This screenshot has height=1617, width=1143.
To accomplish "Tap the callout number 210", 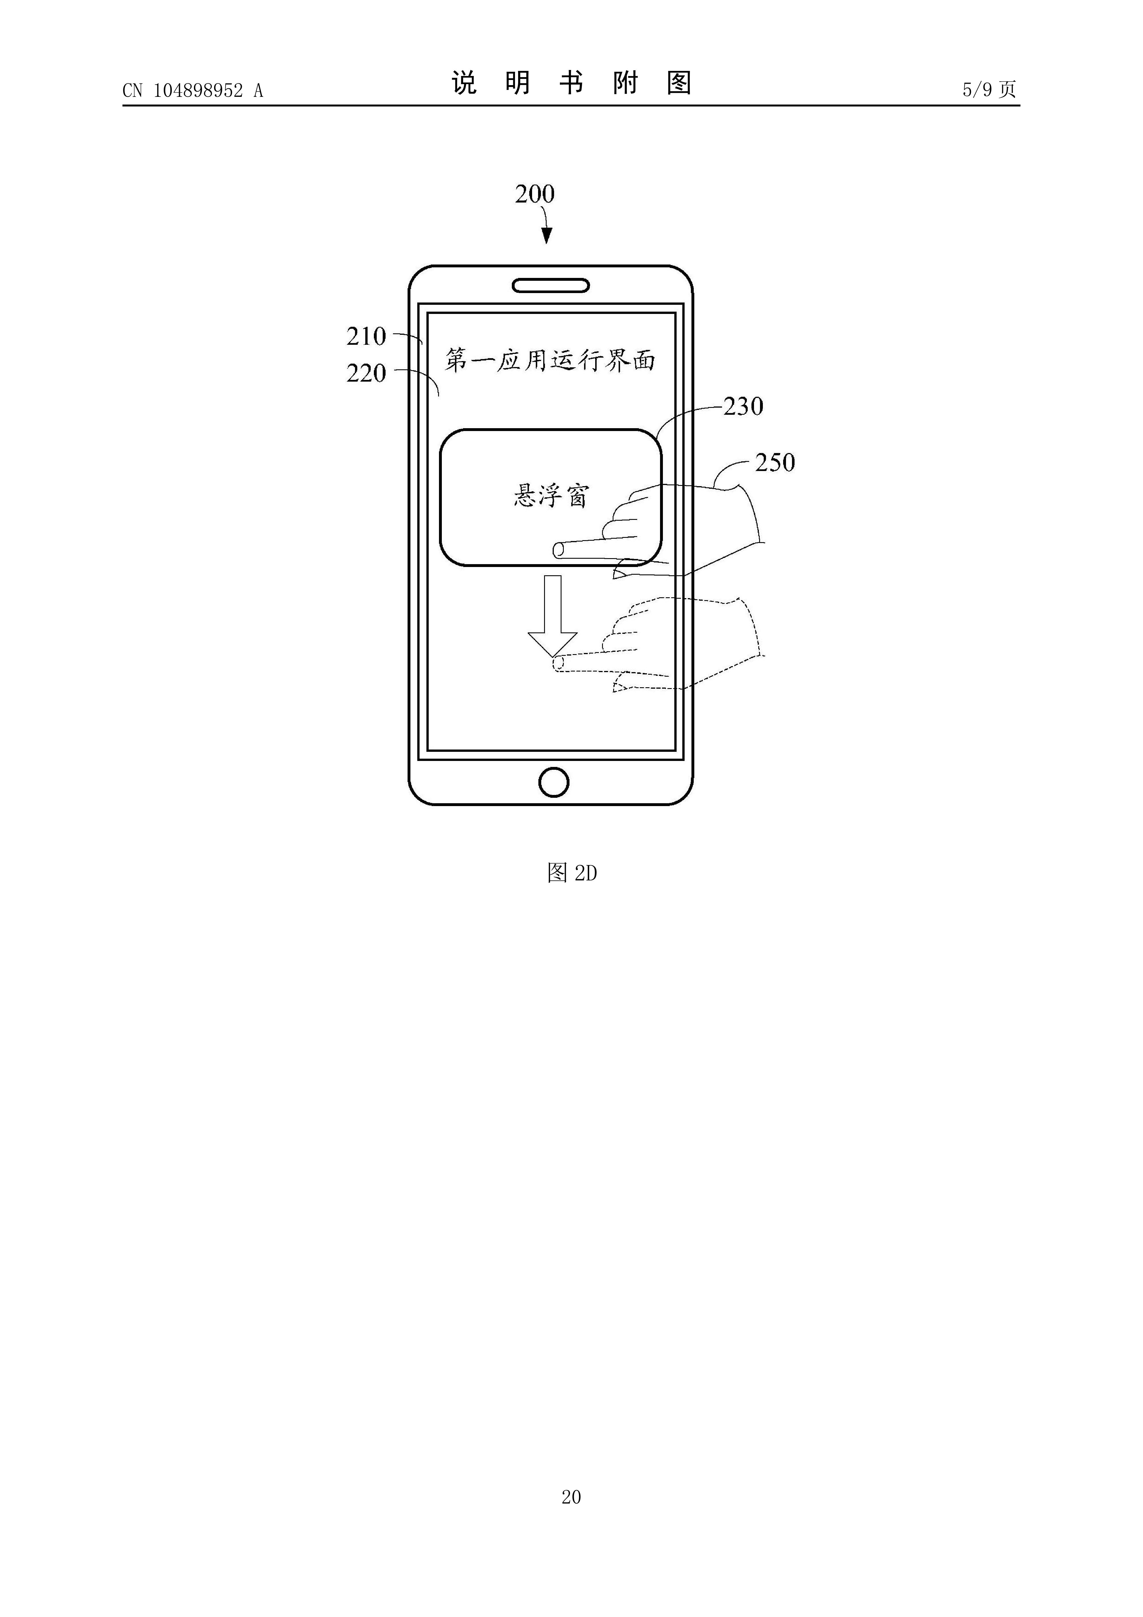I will [366, 337].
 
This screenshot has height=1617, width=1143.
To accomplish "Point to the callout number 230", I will [743, 406].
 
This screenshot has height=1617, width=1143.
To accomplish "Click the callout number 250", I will [775, 463].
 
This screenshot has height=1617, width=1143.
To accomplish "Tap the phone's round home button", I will [554, 782].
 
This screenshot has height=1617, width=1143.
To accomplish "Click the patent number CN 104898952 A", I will [192, 90].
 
